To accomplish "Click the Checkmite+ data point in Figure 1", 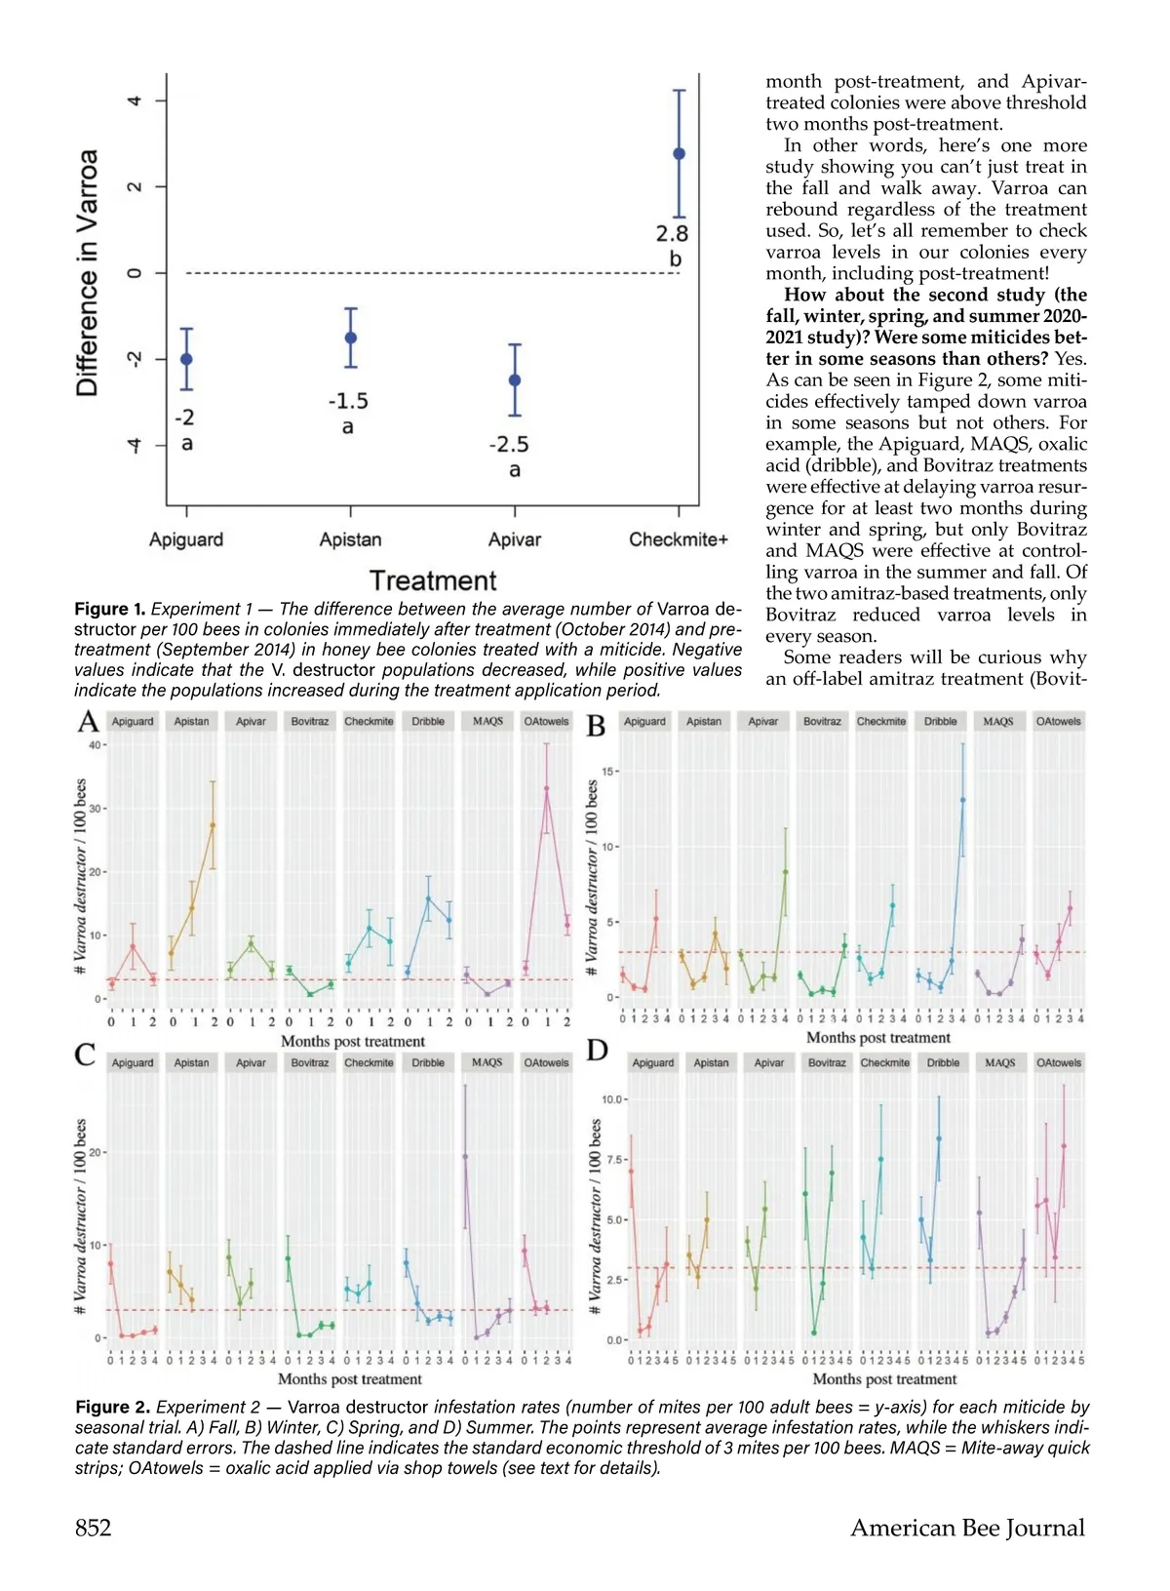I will click(680, 153).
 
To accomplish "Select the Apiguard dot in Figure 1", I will click(186, 359).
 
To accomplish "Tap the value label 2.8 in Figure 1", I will click(672, 233).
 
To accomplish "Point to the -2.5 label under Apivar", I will click(509, 445).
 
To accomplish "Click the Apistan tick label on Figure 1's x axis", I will click(350, 539).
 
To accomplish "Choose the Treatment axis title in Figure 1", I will click(433, 580).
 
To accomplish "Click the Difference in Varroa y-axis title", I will click(87, 273).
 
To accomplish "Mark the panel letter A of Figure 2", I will click(88, 722).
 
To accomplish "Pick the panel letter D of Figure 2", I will click(597, 1051).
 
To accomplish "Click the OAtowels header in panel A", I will click(546, 722).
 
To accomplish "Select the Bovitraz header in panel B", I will click(822, 722).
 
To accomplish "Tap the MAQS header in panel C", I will click(487, 1062).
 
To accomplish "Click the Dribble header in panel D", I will click(943, 1062).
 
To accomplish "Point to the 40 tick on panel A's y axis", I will click(96, 745).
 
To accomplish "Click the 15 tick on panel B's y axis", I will click(607, 772).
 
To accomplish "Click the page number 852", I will click(94, 1528).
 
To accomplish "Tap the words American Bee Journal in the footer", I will click(967, 1528).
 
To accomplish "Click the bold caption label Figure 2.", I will click(112, 1407).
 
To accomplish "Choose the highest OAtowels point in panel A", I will click(547, 788).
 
